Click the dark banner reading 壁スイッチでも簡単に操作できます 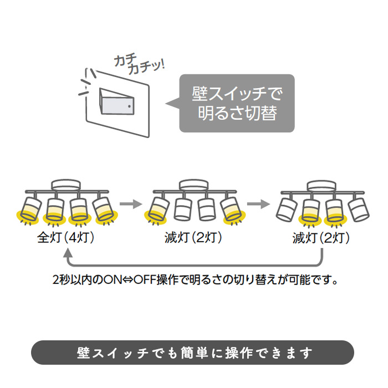click(193, 353)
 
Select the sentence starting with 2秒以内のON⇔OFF click(194, 279)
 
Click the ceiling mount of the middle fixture click(193, 185)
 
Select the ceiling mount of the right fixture click(321, 185)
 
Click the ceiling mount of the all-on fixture click(66, 185)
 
